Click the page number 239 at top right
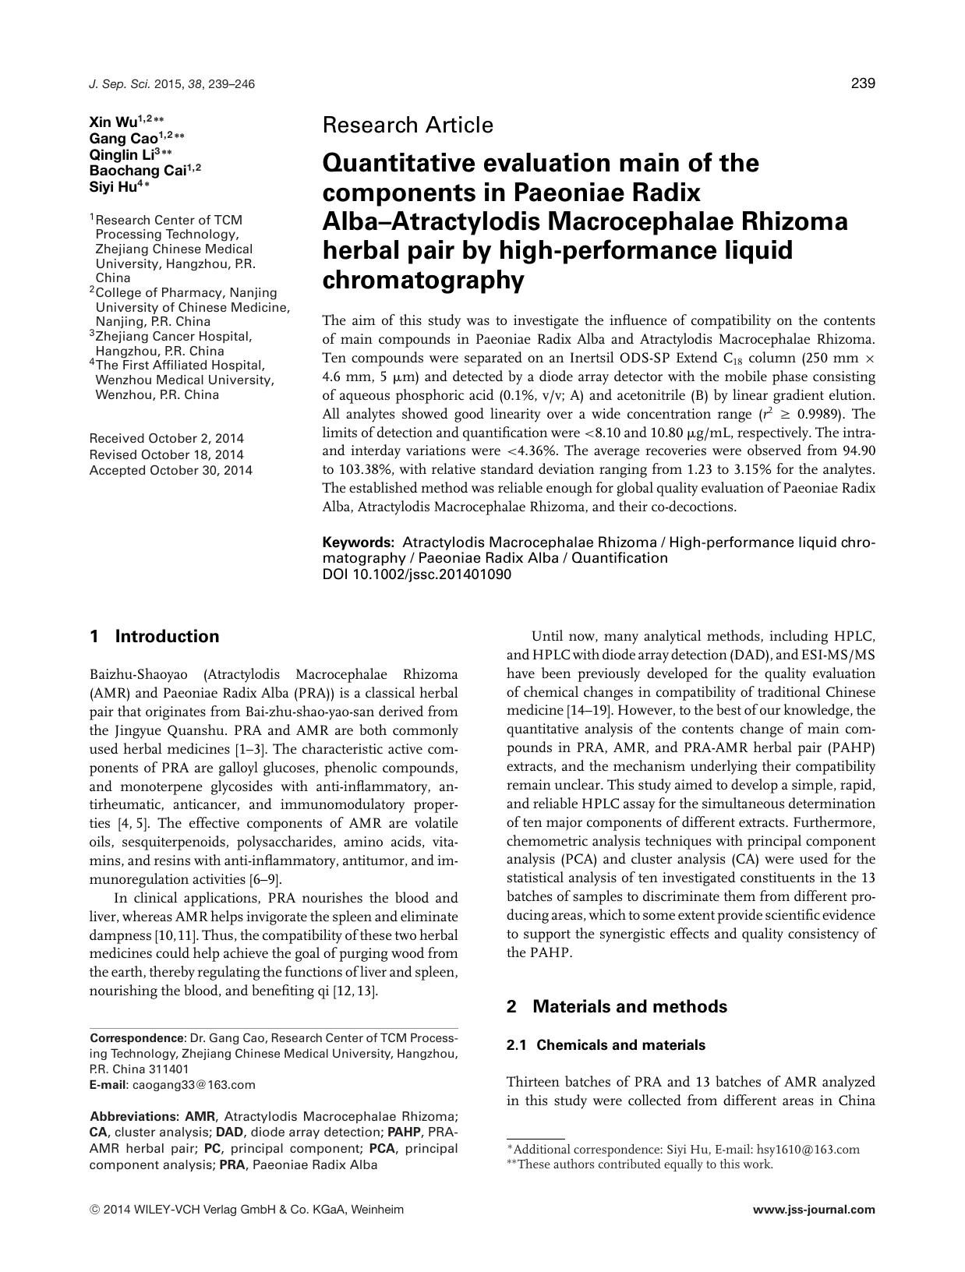coord(862,84)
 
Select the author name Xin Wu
coord(113,122)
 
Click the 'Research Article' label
coord(407,125)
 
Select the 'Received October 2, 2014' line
coord(166,438)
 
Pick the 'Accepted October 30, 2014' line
coord(171,470)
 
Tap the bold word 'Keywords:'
coord(359,542)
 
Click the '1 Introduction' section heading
coord(154,636)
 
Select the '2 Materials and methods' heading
coord(617,1006)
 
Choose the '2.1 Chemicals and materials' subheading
coord(606,1045)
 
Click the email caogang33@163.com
coord(194,1084)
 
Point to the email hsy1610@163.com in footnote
coord(808,1149)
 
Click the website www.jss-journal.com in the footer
coord(814,1210)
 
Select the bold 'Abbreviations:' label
coord(135,1116)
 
